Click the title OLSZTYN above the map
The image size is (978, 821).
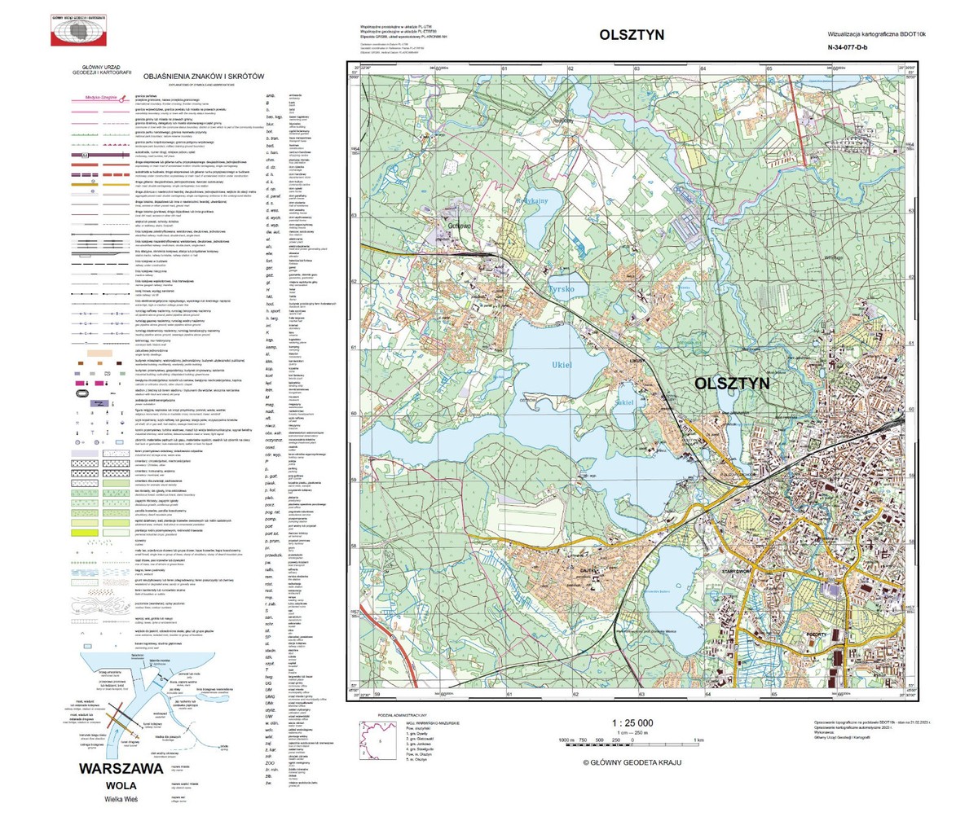point(632,35)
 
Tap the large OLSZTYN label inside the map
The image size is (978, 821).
point(737,383)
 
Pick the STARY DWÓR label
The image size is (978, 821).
point(737,572)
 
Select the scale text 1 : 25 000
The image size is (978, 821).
point(632,723)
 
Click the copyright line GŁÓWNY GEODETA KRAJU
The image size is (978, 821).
point(632,762)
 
